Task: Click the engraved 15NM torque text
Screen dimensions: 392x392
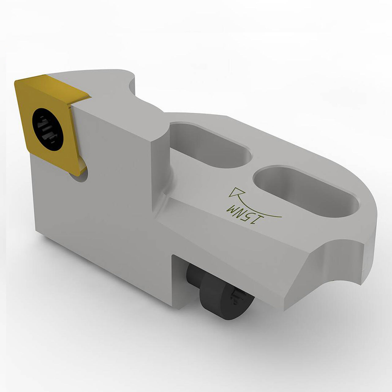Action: click(245, 216)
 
